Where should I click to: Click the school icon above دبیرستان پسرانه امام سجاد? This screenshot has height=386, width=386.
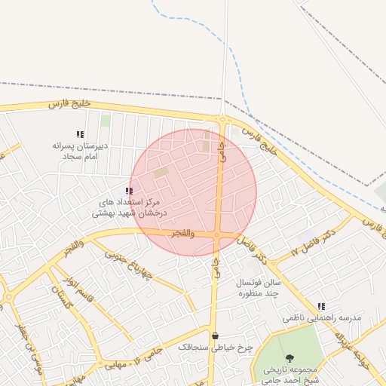(81, 134)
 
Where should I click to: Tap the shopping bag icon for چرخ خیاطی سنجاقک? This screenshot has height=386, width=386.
(216, 336)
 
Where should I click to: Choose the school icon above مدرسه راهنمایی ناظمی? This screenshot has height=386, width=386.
(322, 307)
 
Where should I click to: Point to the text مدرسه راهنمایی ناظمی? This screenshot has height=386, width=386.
(322, 318)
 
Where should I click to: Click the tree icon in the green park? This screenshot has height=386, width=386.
(290, 358)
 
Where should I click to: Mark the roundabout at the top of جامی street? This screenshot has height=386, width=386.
(222, 118)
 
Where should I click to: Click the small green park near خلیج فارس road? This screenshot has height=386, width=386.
(106, 121)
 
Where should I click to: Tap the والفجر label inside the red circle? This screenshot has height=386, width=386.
(182, 234)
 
